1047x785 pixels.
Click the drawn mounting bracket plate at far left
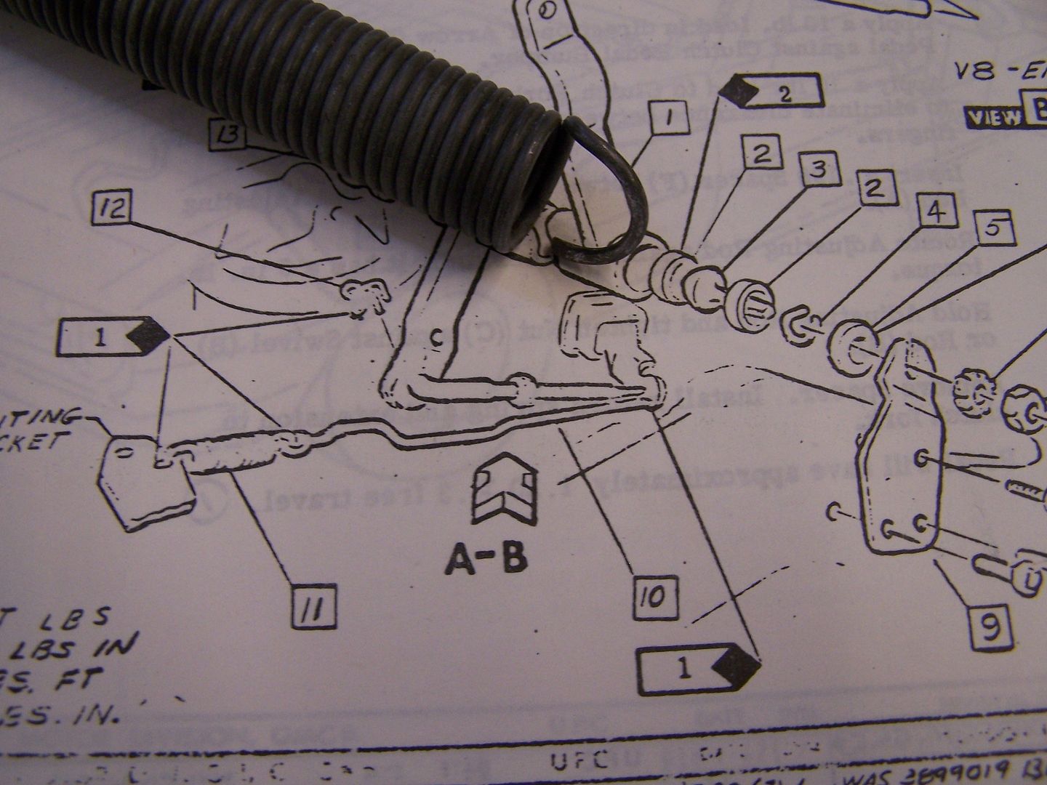(x=145, y=480)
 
